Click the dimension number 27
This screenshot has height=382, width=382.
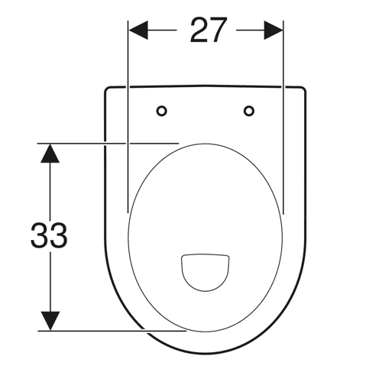click(x=209, y=30)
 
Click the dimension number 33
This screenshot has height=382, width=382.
click(x=49, y=235)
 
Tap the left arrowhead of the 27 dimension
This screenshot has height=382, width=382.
click(x=138, y=31)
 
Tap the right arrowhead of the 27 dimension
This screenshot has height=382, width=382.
click(x=274, y=31)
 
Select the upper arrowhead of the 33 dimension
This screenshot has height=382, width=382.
click(x=50, y=154)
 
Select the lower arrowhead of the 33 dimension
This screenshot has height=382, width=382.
click(x=50, y=321)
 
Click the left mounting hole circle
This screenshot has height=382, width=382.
click(x=162, y=111)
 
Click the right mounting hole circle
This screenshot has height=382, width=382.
click(x=249, y=111)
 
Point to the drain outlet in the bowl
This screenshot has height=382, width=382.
click(x=206, y=272)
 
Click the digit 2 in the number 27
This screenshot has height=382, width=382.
click(x=199, y=30)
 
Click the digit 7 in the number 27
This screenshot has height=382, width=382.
click(x=218, y=30)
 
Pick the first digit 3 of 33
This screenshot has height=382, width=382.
click(x=39, y=235)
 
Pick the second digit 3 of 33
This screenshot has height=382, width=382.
click(x=59, y=235)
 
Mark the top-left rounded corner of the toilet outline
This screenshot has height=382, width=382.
click(x=106, y=89)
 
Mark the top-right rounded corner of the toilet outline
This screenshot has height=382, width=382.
click(x=303, y=89)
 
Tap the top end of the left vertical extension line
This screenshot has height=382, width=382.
click(x=128, y=21)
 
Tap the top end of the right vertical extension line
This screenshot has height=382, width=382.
click(x=283, y=21)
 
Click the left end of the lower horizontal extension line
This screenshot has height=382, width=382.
click(x=38, y=331)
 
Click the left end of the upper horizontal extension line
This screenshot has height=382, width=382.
click(x=37, y=144)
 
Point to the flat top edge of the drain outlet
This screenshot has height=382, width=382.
click(x=206, y=254)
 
